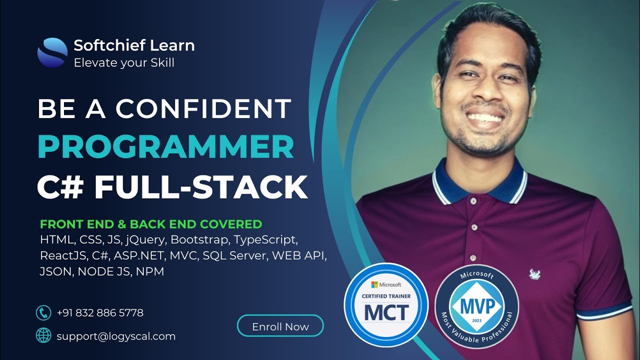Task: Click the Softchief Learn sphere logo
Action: pos(52,52)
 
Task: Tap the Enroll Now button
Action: pos(280,326)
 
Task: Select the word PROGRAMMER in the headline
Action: pos(165,147)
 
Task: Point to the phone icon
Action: pos(44,313)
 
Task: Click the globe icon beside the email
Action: pos(44,335)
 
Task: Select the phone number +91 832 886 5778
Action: pos(100,313)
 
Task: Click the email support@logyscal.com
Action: pos(116,336)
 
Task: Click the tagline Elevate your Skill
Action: pos(124,63)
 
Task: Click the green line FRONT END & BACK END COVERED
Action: pos(151,224)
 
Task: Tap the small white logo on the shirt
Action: pos(535,273)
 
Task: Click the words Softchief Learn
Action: pos(134,45)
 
